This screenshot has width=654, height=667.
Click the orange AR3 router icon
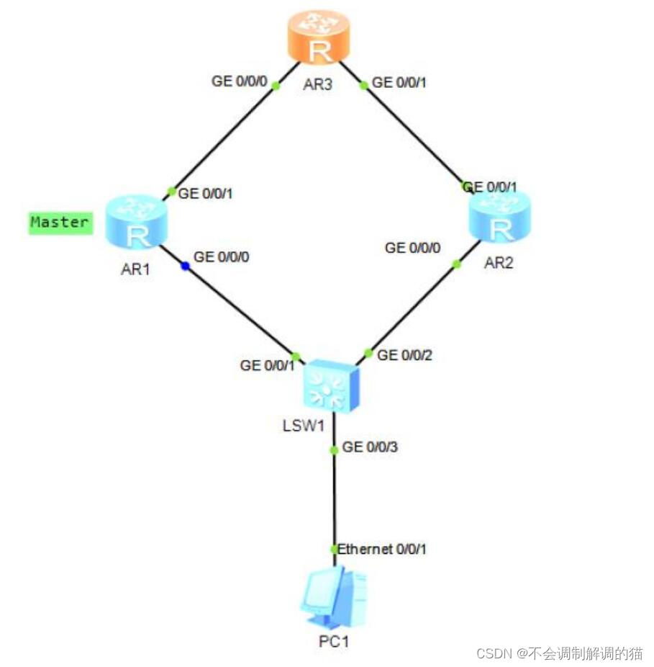click(319, 37)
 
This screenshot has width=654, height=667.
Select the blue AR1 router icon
click(137, 221)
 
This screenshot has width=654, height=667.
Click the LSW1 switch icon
click(332, 386)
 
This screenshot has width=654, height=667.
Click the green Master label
click(60, 223)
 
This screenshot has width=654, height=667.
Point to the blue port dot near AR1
click(186, 267)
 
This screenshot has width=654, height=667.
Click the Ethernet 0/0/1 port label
click(381, 549)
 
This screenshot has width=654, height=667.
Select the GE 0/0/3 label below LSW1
click(370, 447)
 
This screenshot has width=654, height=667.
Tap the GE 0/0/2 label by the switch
click(404, 355)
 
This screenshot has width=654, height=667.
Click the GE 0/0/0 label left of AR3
click(240, 81)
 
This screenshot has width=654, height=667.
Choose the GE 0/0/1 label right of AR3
click(399, 83)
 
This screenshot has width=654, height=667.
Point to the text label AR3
click(317, 85)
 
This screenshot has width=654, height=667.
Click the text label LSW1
click(304, 426)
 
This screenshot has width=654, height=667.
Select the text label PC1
click(334, 641)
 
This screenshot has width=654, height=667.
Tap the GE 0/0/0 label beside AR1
click(222, 257)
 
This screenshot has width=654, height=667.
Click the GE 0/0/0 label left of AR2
click(413, 248)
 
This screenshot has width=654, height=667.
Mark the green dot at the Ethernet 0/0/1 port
click(335, 550)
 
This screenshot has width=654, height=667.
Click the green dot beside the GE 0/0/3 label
click(335, 449)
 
